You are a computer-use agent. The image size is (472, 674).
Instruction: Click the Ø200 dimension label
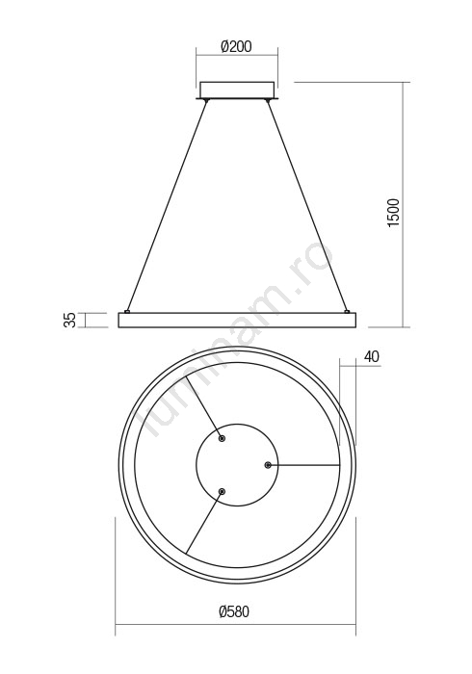(236, 46)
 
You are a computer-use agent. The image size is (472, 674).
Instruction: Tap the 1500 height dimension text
(393, 213)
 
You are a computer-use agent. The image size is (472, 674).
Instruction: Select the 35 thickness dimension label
(69, 320)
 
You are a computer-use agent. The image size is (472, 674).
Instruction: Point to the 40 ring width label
(372, 356)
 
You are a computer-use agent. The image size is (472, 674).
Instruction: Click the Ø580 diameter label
(234, 611)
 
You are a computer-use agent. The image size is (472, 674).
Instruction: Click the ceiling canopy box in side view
(236, 90)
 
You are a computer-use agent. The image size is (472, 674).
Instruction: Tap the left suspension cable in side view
(167, 206)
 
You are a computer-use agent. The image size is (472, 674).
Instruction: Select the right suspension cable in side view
(307, 206)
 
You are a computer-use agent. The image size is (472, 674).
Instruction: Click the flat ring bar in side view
(237, 321)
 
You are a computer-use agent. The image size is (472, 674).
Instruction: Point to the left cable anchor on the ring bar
(127, 311)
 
